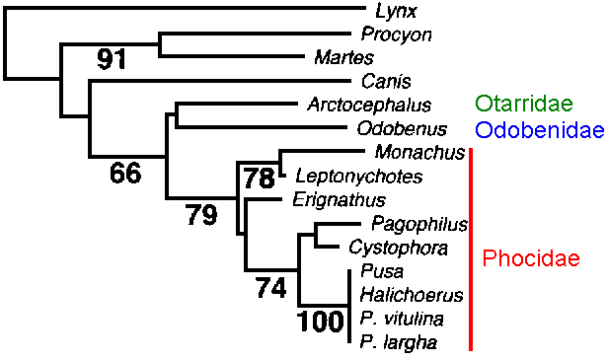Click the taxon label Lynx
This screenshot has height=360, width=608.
click(x=395, y=12)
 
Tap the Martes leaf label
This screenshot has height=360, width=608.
click(x=342, y=58)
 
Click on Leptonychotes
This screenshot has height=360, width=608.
click(x=358, y=177)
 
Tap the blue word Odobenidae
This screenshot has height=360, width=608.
click(x=538, y=129)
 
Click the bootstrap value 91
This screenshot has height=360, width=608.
click(x=113, y=61)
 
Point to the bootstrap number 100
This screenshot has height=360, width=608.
click(x=319, y=323)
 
